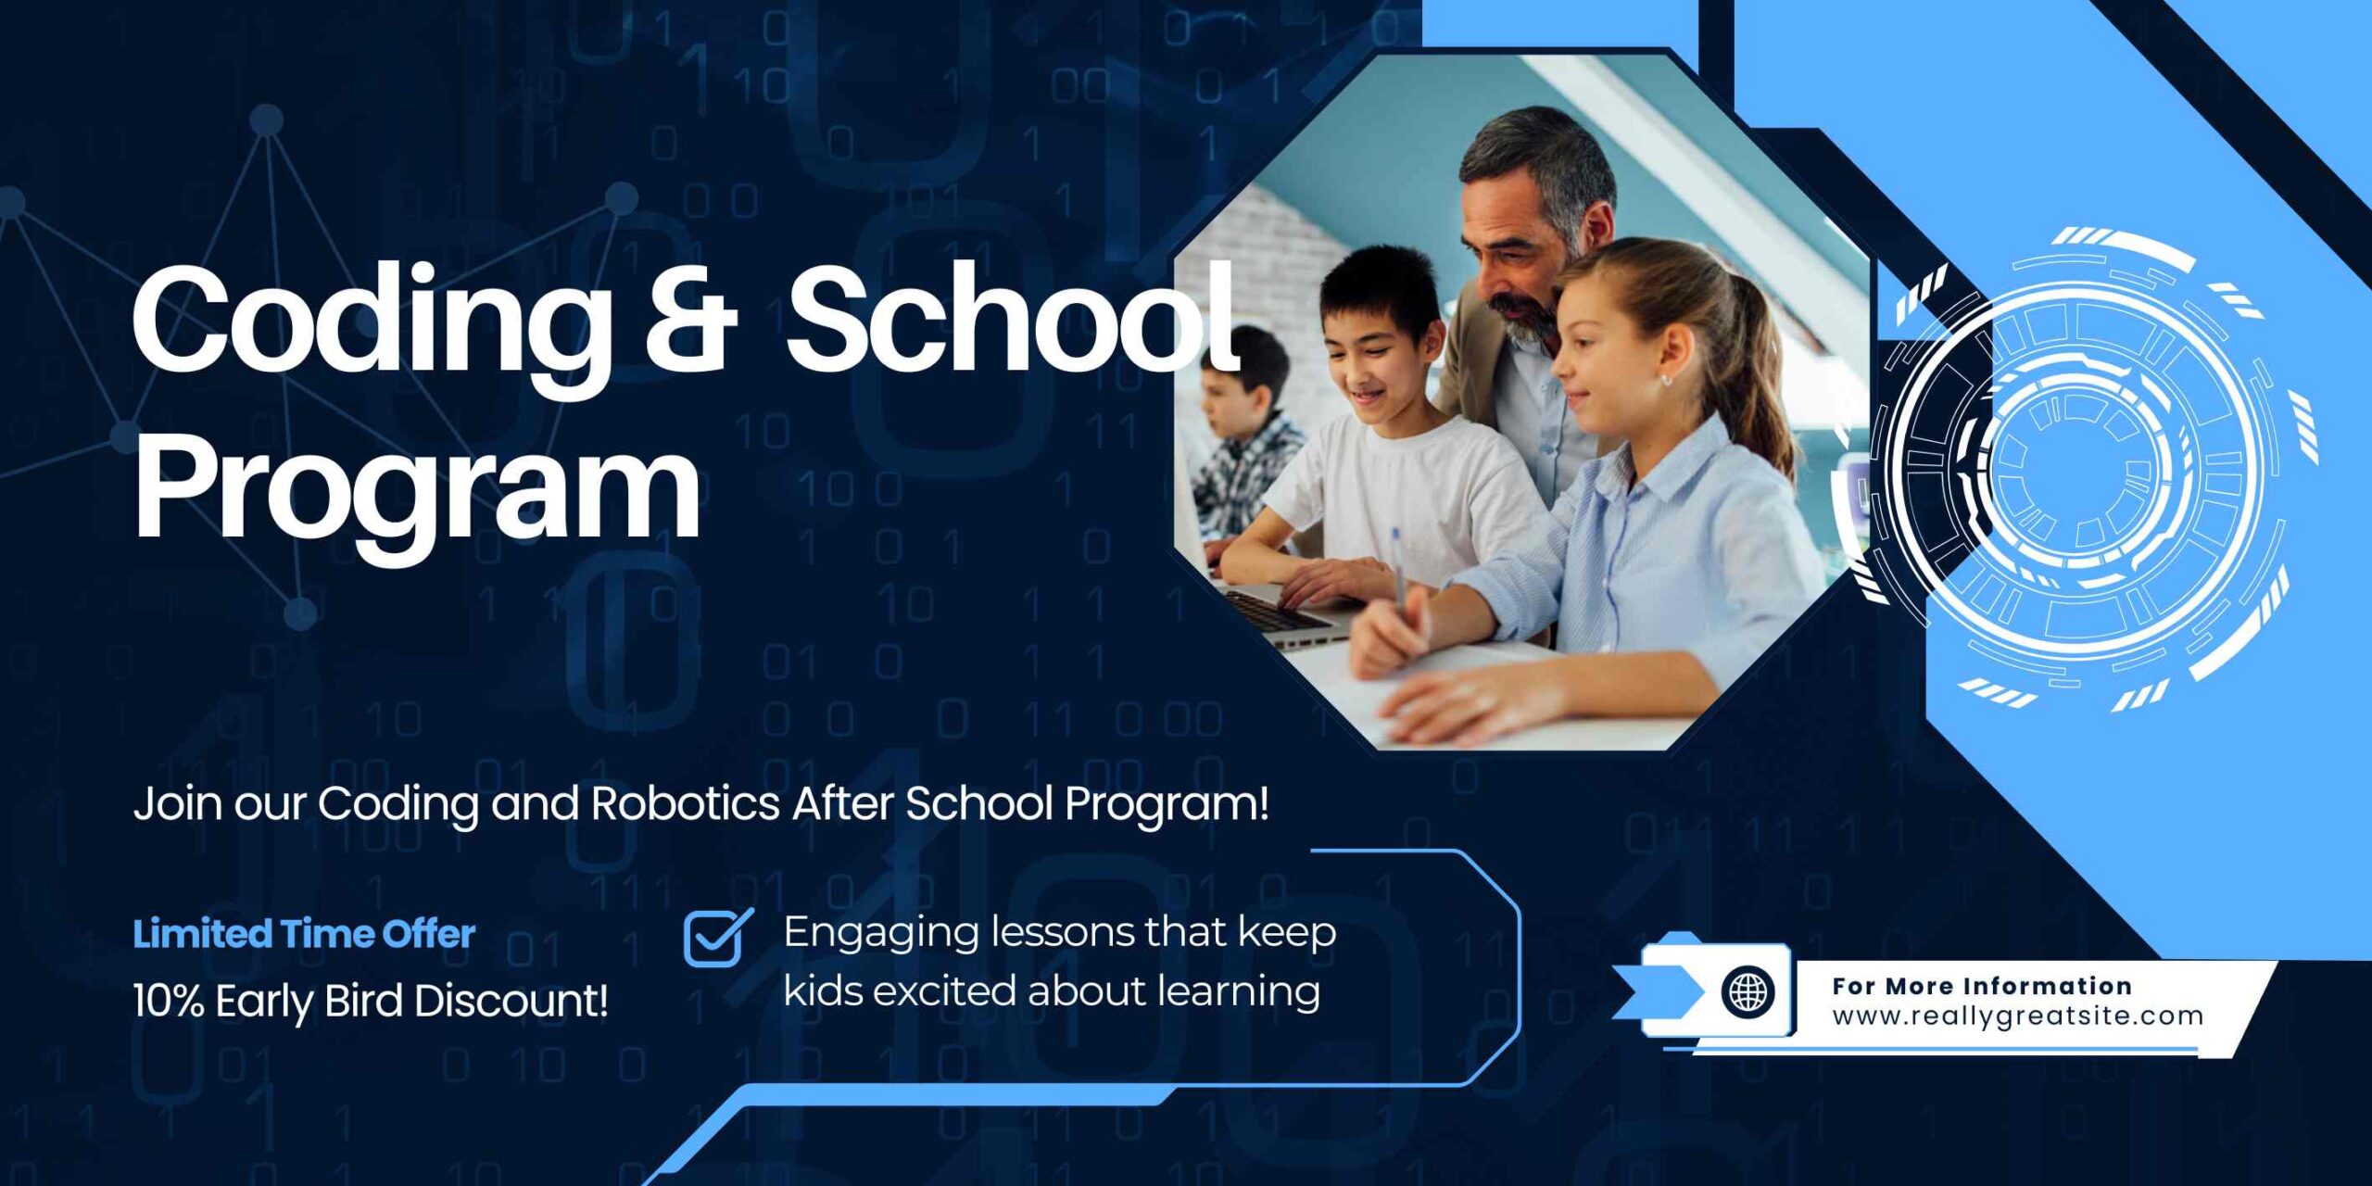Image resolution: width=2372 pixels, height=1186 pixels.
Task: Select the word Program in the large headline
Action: click(x=417, y=488)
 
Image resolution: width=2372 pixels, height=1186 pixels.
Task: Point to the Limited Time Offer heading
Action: click(x=304, y=934)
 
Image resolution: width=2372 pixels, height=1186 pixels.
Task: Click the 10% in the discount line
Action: click(x=168, y=1002)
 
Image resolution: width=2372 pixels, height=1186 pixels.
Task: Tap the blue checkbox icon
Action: click(x=717, y=937)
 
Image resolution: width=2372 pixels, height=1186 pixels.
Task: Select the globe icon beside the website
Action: click(x=1748, y=991)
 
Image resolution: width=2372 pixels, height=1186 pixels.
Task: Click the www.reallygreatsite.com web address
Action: click(x=2017, y=1016)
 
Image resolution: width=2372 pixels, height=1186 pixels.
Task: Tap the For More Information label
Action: click(x=1982, y=986)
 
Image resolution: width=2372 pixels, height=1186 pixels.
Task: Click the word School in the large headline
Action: click(x=1013, y=321)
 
